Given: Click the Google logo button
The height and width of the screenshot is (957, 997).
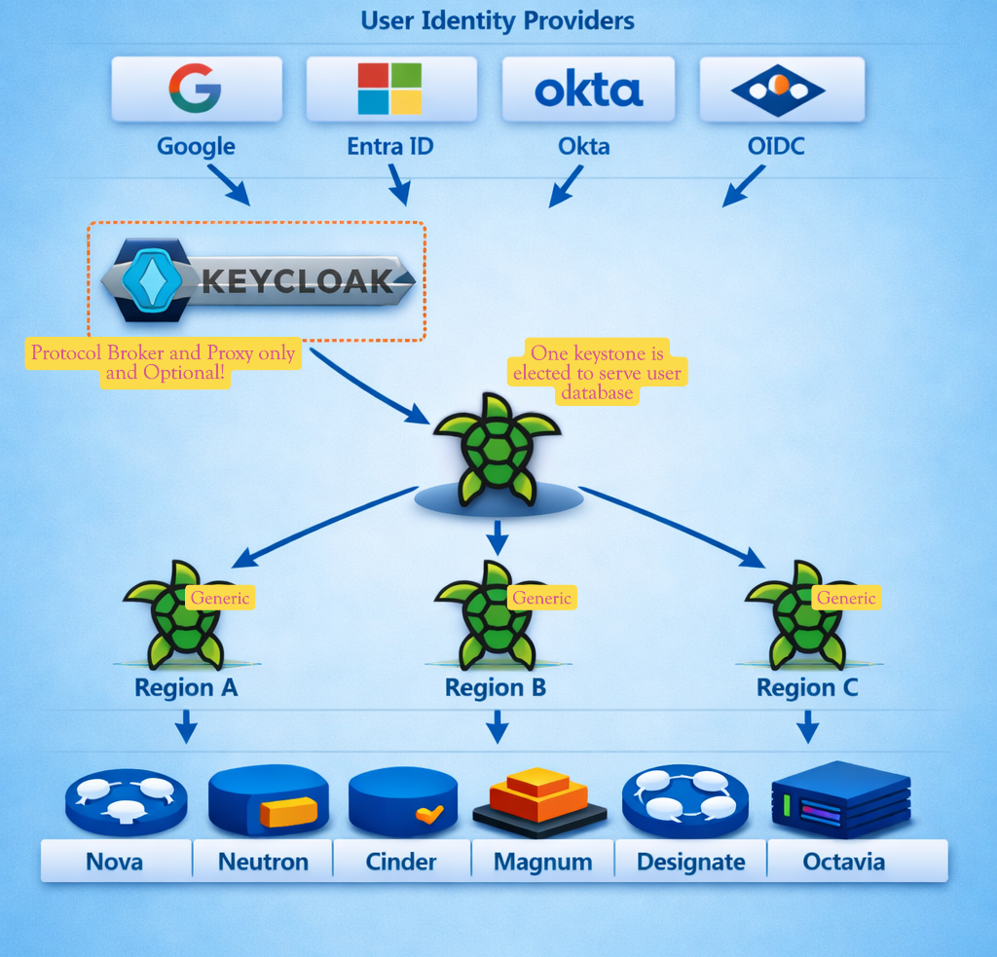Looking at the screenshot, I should pos(196,89).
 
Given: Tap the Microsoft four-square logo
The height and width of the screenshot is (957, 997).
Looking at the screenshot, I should pos(389,89).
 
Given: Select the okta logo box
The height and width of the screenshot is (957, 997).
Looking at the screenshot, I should pos(588,89).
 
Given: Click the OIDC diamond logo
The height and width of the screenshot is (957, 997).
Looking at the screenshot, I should pos(779,90).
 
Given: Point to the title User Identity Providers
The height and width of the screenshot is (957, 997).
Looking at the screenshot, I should pos(498,19).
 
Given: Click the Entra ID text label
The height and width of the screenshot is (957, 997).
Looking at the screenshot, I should pos(389,147).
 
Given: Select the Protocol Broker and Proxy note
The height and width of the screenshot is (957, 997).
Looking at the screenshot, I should pos(163,362).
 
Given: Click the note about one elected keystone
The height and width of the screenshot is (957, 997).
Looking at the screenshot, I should pos(597,373).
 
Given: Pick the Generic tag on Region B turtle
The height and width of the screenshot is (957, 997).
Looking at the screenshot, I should pos(541,598).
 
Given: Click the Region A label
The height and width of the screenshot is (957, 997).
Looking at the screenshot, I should pos(185,687).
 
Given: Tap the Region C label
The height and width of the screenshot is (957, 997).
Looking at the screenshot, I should pos(807,687).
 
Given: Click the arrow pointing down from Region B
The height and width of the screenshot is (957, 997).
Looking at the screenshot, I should pos(498,726).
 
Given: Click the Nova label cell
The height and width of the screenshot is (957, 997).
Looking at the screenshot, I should pos(116,862).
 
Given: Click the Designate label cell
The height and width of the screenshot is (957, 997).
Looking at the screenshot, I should pos(690,862).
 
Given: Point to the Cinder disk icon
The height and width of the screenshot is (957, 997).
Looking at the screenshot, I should pos(402,801).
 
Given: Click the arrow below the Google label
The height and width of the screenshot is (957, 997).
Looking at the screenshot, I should pos(228,184).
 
